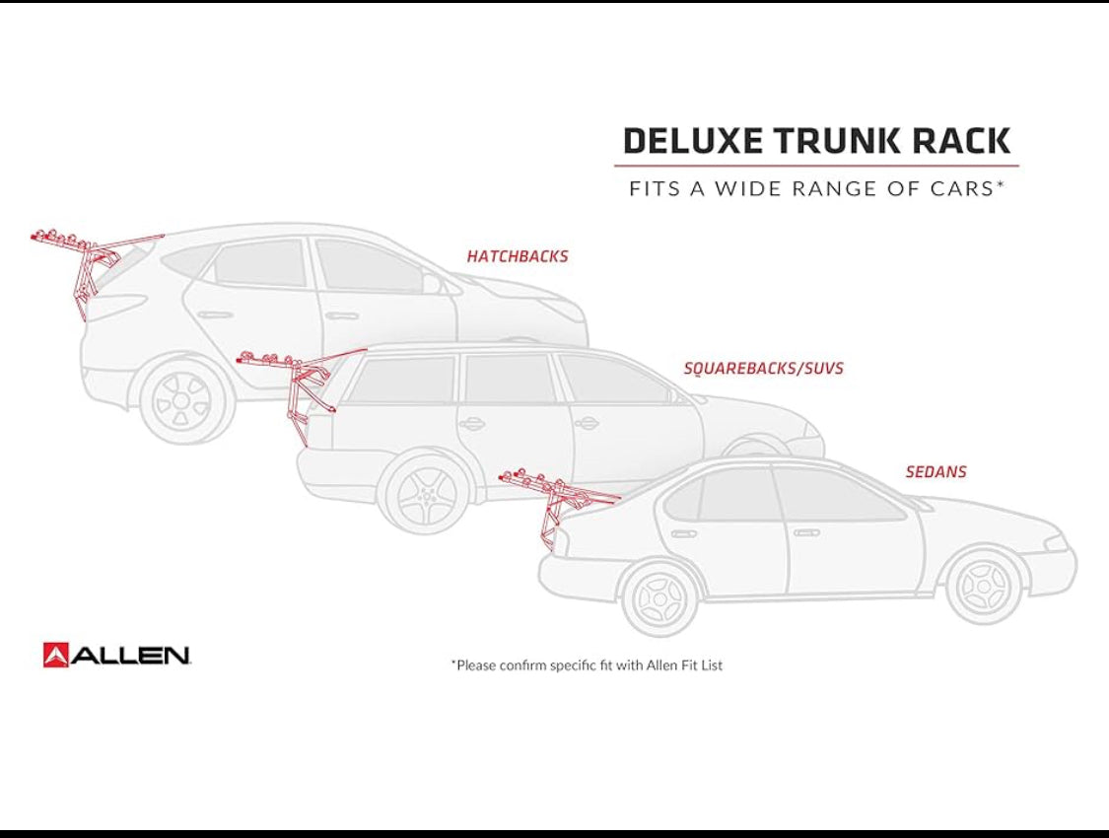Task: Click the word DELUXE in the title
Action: click(692, 141)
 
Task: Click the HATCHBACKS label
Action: click(517, 256)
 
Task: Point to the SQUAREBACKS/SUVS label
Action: click(763, 368)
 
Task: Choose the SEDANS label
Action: click(936, 471)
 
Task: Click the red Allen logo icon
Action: click(55, 655)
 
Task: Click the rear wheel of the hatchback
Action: click(182, 401)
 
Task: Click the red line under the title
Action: click(816, 167)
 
